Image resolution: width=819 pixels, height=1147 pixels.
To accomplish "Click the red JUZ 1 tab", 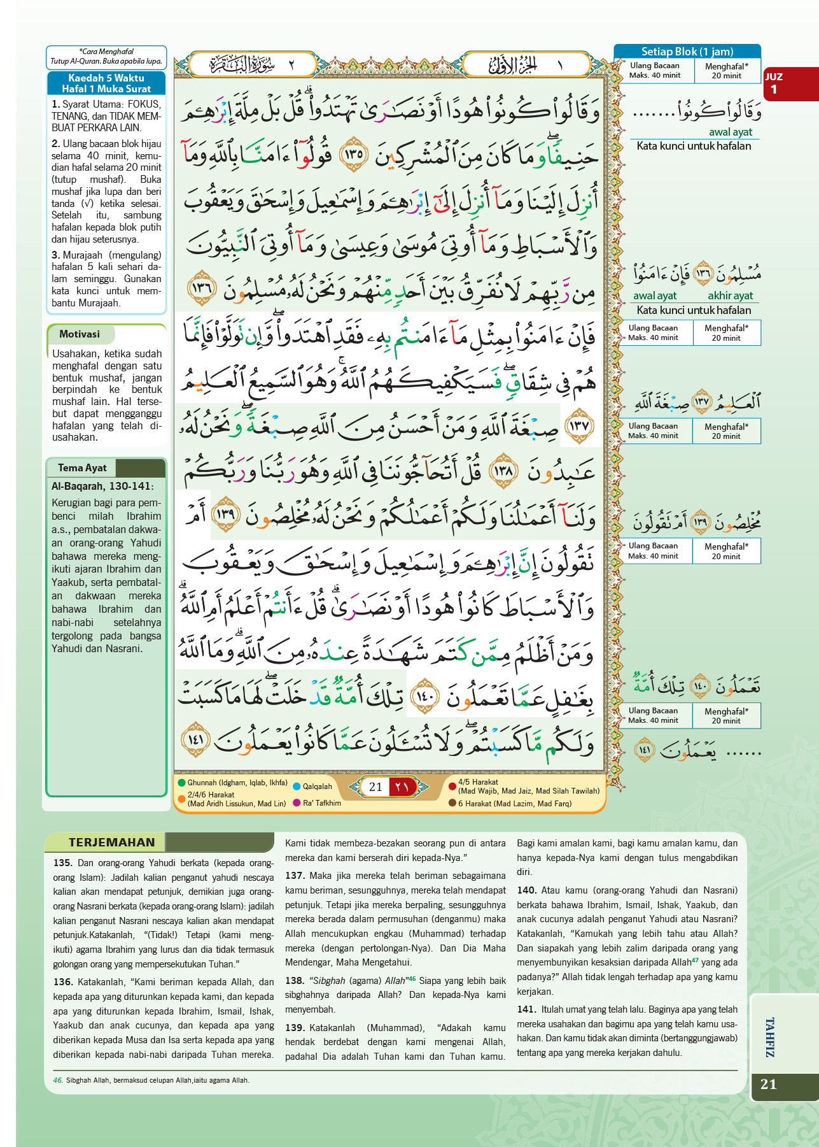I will [x=790, y=83].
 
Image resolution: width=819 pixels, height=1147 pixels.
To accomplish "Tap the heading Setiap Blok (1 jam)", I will [x=687, y=52].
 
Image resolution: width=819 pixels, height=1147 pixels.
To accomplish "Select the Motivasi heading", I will [x=80, y=334].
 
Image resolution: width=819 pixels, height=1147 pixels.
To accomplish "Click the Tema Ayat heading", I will [x=82, y=467].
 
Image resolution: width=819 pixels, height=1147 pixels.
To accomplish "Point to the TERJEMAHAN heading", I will [x=111, y=842].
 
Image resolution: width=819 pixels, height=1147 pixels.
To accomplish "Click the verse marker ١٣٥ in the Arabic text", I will [x=354, y=153].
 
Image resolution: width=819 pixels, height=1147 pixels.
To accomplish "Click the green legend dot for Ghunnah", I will [x=182, y=783].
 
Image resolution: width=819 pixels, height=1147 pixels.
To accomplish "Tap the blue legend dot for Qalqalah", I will [x=297, y=787].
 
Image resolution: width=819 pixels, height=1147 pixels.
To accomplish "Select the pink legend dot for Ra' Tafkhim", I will [x=297, y=802].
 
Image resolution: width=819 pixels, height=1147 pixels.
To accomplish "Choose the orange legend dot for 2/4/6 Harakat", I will [x=182, y=799].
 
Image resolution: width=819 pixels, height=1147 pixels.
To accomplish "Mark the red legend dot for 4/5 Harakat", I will [x=452, y=786].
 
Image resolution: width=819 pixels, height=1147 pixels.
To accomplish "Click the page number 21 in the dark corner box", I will [x=769, y=1084].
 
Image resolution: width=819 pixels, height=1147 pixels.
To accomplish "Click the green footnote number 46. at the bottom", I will [x=58, y=1080].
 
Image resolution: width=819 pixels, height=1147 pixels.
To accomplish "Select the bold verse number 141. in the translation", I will [x=526, y=1009].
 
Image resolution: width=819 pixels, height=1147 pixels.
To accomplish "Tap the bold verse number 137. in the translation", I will [x=295, y=876].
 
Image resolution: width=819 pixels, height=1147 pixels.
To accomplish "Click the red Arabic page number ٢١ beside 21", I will [x=402, y=787].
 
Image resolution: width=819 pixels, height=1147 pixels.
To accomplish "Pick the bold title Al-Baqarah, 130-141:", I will [x=102, y=486].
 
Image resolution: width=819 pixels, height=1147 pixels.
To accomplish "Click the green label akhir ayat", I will [x=730, y=296].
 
